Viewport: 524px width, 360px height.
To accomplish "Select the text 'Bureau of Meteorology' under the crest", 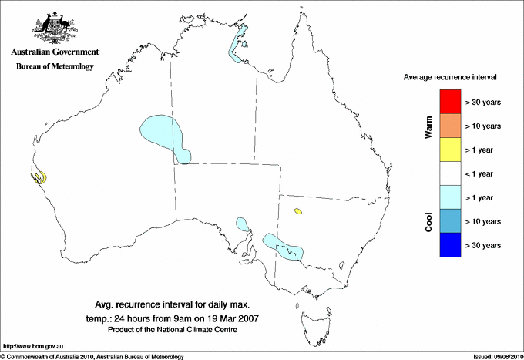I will coord(55,66).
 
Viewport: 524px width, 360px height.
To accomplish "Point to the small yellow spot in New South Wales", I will coord(297,210).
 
